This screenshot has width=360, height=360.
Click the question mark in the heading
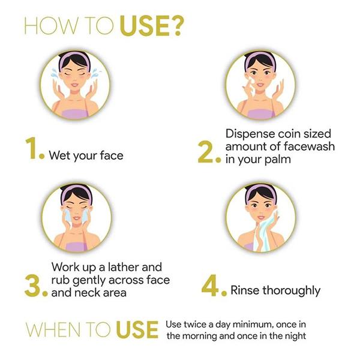point(178,26)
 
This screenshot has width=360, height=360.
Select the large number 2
point(205,152)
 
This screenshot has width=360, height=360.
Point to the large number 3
point(32,286)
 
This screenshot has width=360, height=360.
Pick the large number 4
point(210,285)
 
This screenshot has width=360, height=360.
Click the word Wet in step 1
point(59,155)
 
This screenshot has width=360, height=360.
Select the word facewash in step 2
point(309,146)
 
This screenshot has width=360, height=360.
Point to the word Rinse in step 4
point(245,290)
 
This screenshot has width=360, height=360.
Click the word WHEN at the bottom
point(54,330)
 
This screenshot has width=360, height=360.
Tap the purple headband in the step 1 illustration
point(74,58)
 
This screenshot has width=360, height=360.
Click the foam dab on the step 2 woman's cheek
point(250,80)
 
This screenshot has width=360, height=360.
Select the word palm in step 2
point(278,160)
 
